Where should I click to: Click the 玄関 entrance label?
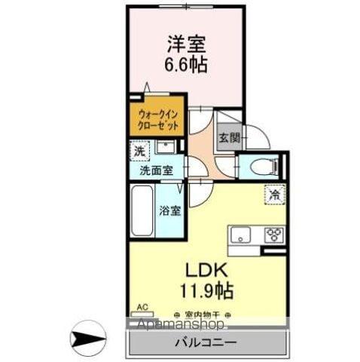point(229,138)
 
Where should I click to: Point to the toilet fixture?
point(261,166)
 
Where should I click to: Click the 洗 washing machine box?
point(139,150)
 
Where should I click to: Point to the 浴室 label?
point(170,210)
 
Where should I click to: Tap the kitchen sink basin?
point(243,236)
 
